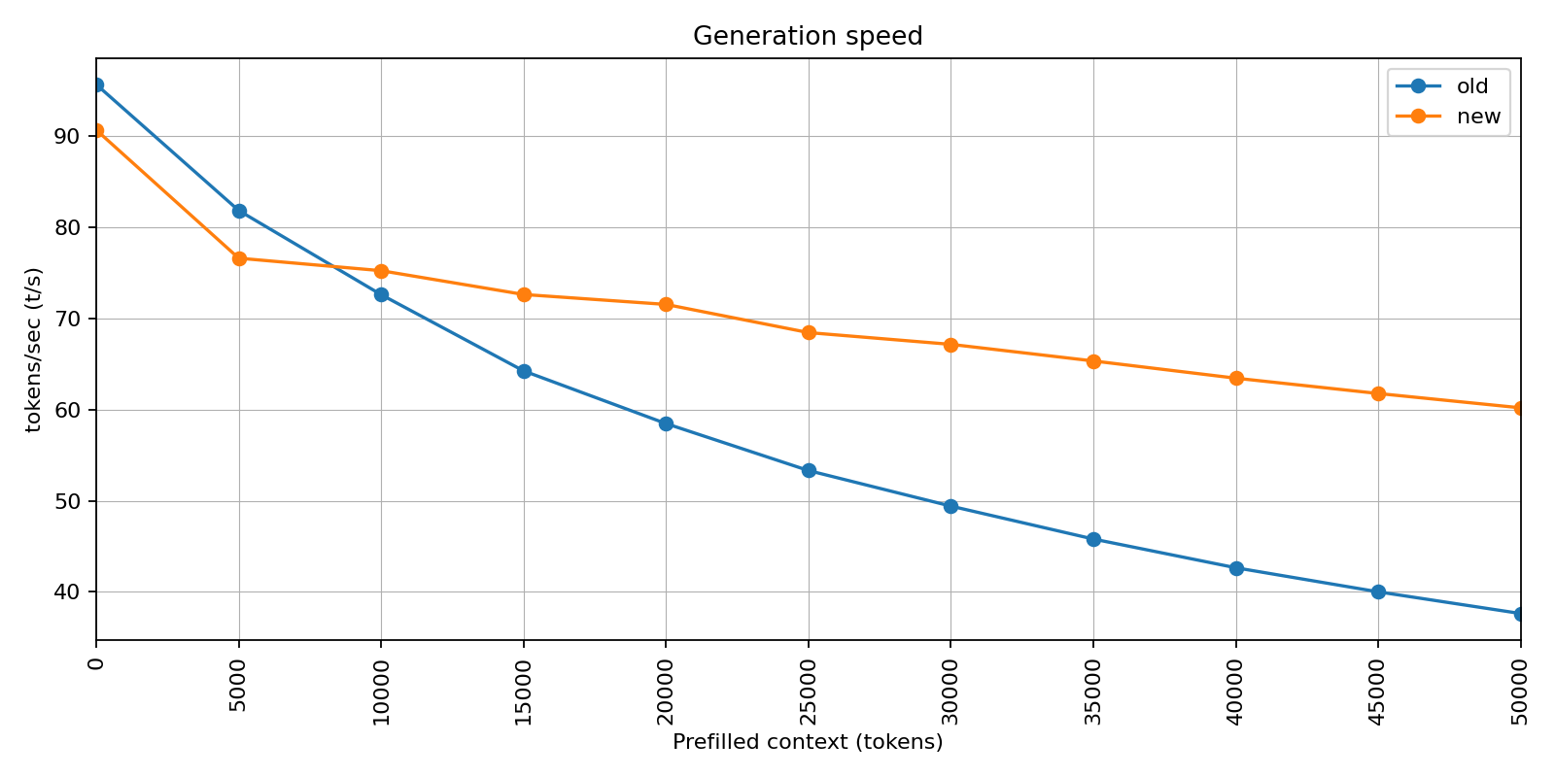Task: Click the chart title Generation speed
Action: (x=807, y=36)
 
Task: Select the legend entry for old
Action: (x=1471, y=86)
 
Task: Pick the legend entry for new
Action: (x=1477, y=117)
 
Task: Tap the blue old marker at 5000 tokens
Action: (x=239, y=211)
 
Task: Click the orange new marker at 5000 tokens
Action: (x=239, y=258)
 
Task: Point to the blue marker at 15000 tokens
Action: (x=524, y=371)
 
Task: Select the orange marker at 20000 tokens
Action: (x=666, y=305)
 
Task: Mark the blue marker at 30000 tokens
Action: (x=950, y=506)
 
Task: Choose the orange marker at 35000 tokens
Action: (x=1093, y=361)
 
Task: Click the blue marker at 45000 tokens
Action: (x=1378, y=591)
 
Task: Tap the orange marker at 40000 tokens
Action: (x=1236, y=379)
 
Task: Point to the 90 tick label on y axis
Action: (x=67, y=137)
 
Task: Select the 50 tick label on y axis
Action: (x=67, y=501)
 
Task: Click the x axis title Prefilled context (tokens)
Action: (x=807, y=743)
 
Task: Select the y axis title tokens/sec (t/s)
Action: (x=34, y=350)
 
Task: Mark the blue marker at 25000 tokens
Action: (x=809, y=471)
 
